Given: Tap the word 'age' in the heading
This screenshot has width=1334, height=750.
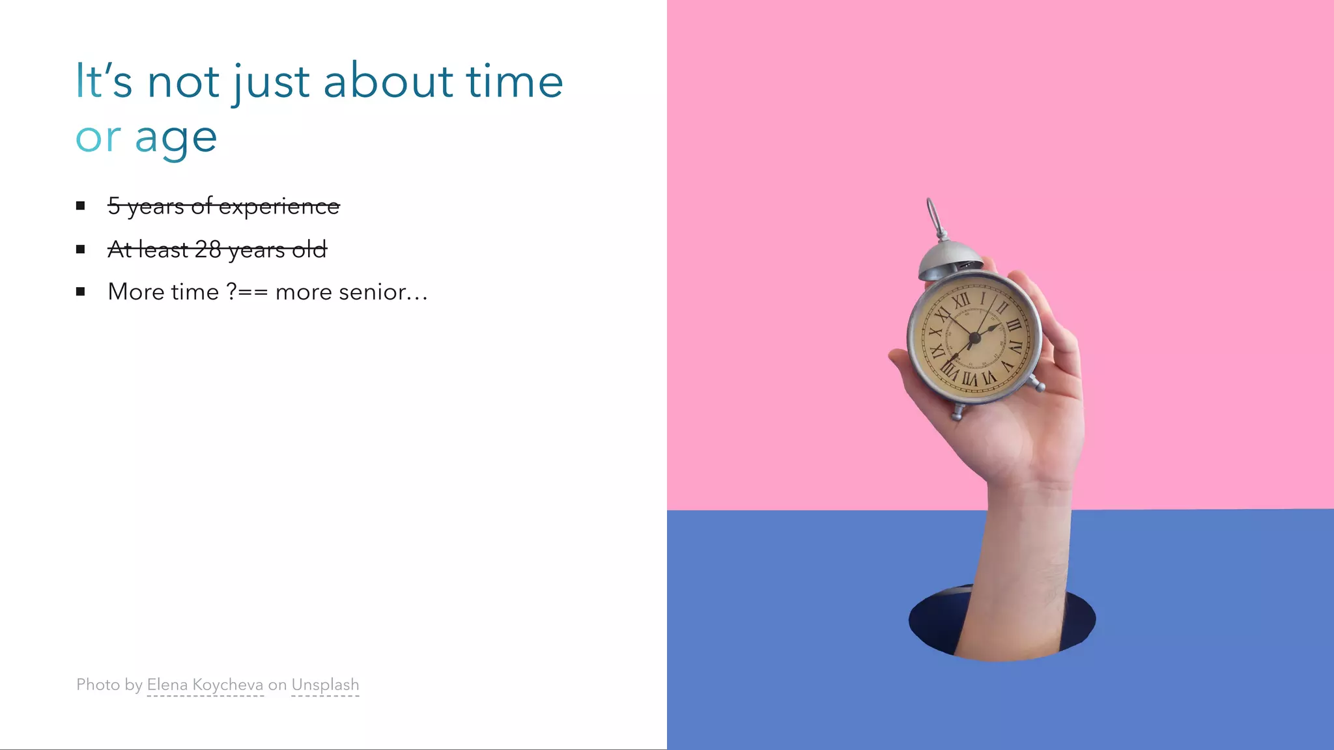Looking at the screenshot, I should (x=176, y=139).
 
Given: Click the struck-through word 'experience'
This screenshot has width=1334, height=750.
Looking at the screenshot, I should (x=279, y=206).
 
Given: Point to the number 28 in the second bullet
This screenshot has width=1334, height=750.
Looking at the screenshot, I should (x=208, y=249).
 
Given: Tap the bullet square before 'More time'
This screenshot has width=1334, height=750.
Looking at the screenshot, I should (x=81, y=292).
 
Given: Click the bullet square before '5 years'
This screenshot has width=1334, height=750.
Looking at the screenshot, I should (x=81, y=206).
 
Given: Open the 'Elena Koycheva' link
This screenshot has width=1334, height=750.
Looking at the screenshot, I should (x=205, y=685).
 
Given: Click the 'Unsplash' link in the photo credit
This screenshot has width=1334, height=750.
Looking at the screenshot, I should (x=325, y=685).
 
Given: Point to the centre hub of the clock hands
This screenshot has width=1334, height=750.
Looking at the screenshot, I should (x=974, y=337).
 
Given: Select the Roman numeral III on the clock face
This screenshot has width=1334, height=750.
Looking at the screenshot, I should (x=1014, y=325).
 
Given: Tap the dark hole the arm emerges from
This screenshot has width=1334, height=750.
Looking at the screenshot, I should (x=931, y=622).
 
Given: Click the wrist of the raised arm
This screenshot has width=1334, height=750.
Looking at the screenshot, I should (x=1029, y=495).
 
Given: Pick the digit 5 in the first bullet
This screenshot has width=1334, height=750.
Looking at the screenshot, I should (x=114, y=206).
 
